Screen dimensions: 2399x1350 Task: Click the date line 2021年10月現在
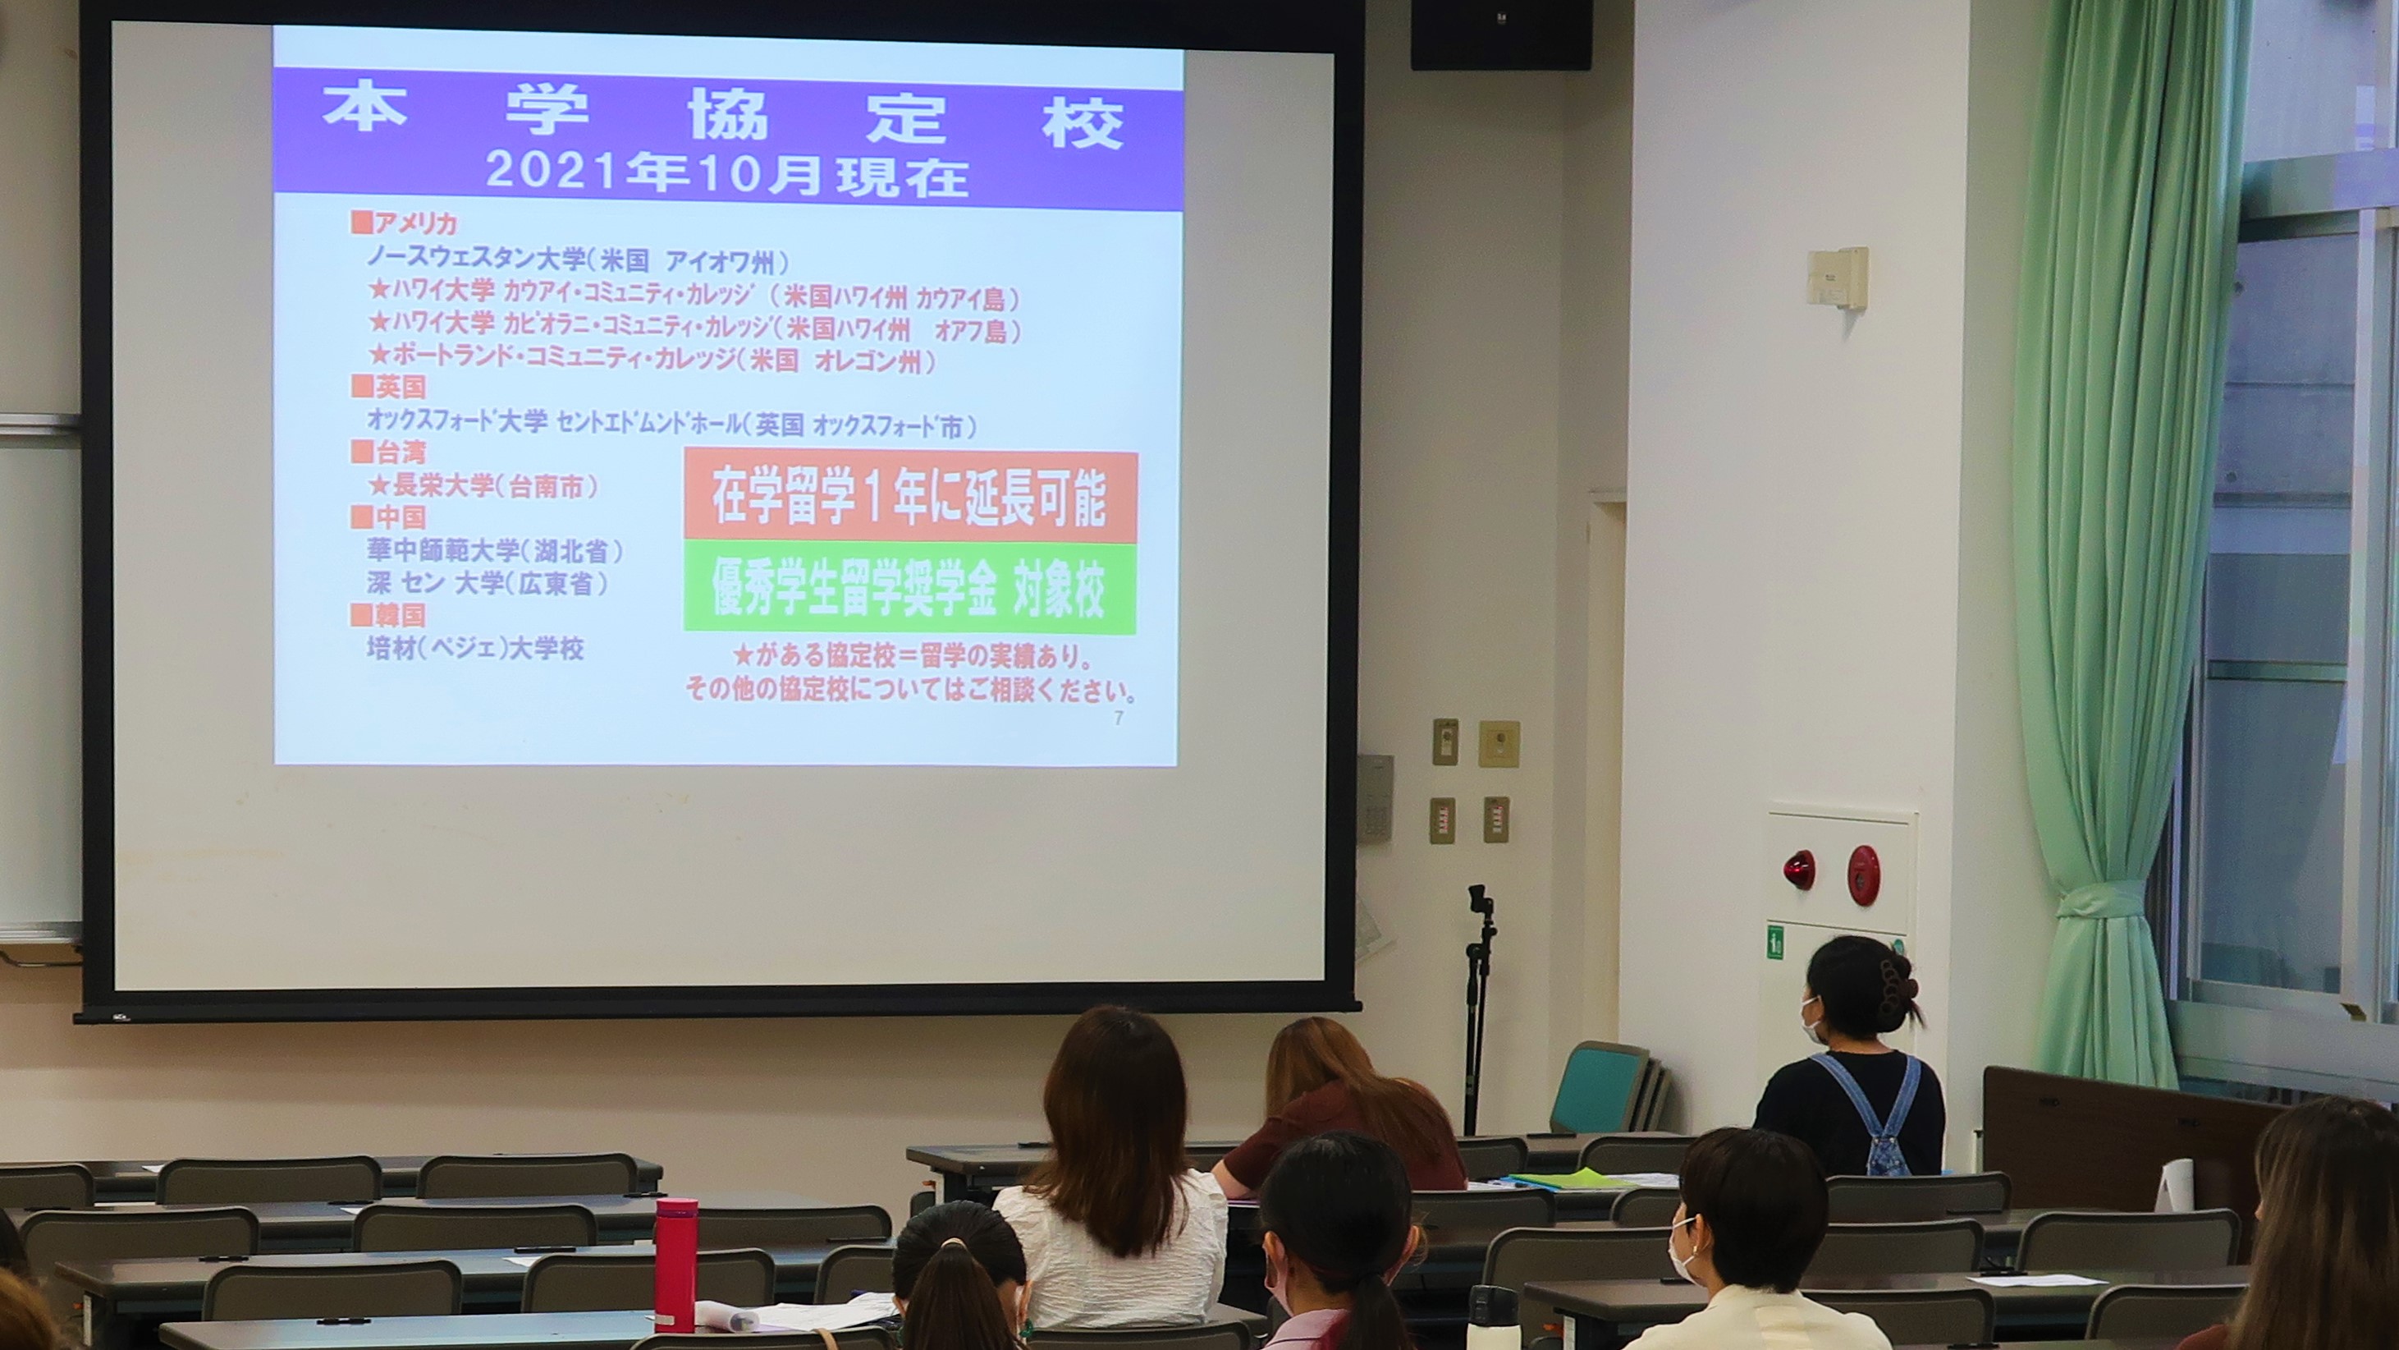pyautogui.click(x=726, y=174)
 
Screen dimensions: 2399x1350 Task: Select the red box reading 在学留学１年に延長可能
pyautogui.click(x=910, y=498)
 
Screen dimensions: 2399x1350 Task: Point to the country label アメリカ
pyautogui.click(x=405, y=223)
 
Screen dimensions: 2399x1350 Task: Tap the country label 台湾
pyautogui.click(x=388, y=452)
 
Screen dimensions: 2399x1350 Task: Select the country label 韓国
pyautogui.click(x=388, y=615)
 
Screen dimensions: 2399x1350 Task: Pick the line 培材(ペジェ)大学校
pyautogui.click(x=475, y=649)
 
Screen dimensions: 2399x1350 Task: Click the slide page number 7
pyautogui.click(x=1119, y=719)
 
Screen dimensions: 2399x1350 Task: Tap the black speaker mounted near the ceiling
pyautogui.click(x=1500, y=34)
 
